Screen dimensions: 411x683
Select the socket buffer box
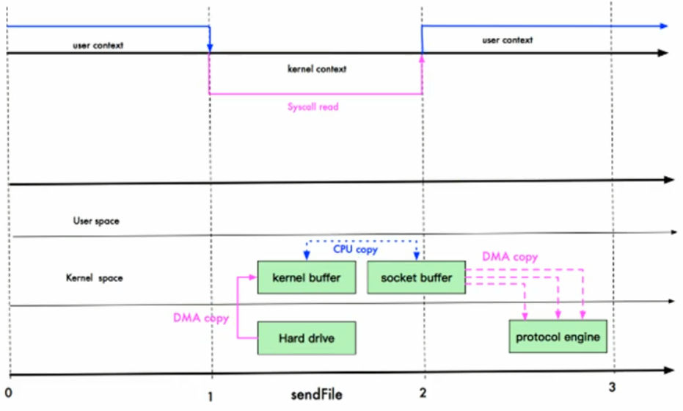(416, 278)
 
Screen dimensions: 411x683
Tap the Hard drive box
(306, 338)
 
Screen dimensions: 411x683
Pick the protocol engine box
(558, 338)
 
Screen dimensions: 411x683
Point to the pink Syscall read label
(313, 106)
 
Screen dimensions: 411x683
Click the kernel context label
(316, 69)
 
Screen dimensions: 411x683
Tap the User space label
(96, 220)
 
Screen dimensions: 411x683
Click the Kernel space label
(95, 279)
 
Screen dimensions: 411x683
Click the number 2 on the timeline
(423, 393)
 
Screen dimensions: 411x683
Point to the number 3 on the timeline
(613, 387)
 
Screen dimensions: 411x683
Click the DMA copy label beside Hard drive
(199, 319)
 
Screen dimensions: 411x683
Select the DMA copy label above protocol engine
(510, 258)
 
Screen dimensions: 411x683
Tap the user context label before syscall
(98, 45)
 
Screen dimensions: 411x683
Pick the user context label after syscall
(507, 40)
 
